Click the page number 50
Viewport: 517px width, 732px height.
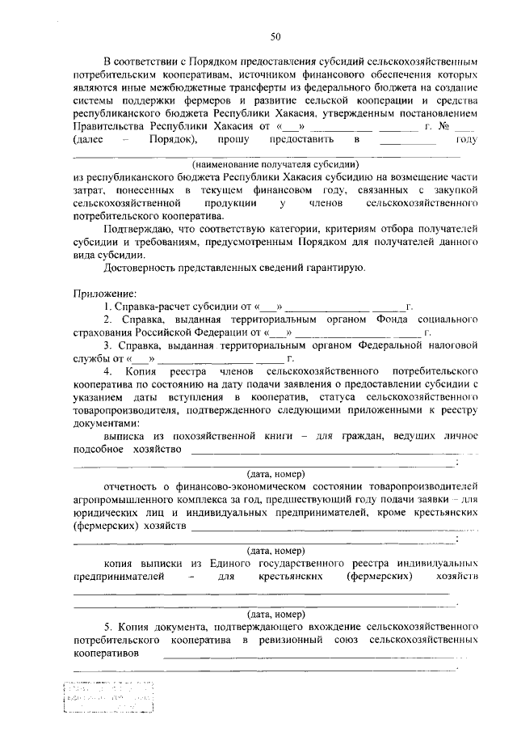point(275,36)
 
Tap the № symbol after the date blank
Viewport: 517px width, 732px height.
point(443,127)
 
